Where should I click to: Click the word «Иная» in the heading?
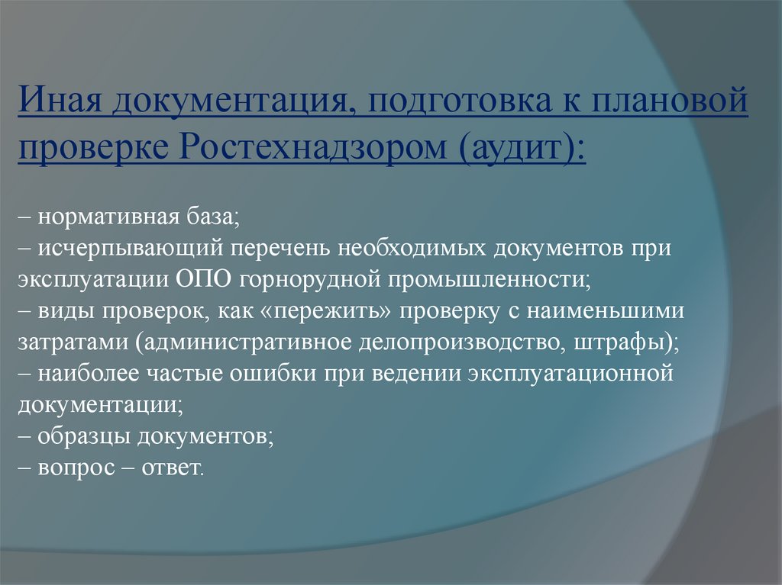59,102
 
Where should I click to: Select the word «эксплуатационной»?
570,374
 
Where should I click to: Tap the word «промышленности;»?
492,279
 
